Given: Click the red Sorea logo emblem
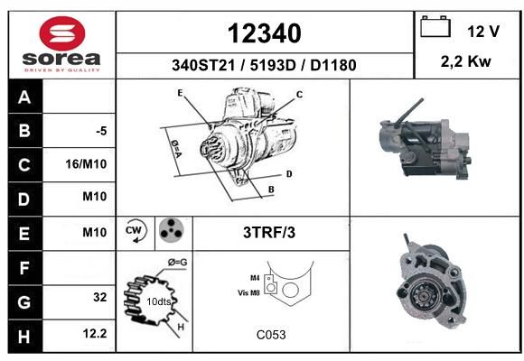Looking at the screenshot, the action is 62,33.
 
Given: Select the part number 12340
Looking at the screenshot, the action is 265,33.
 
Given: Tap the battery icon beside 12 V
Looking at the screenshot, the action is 435,26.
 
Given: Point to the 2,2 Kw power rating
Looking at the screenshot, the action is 466,61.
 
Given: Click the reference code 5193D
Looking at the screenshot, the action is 273,65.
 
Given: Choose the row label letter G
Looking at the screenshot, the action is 24,302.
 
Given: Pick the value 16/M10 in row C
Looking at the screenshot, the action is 86,164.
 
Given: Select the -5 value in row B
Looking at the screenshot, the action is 101,131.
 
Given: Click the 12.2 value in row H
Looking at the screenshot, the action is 95,333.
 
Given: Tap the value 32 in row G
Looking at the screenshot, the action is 100,297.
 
